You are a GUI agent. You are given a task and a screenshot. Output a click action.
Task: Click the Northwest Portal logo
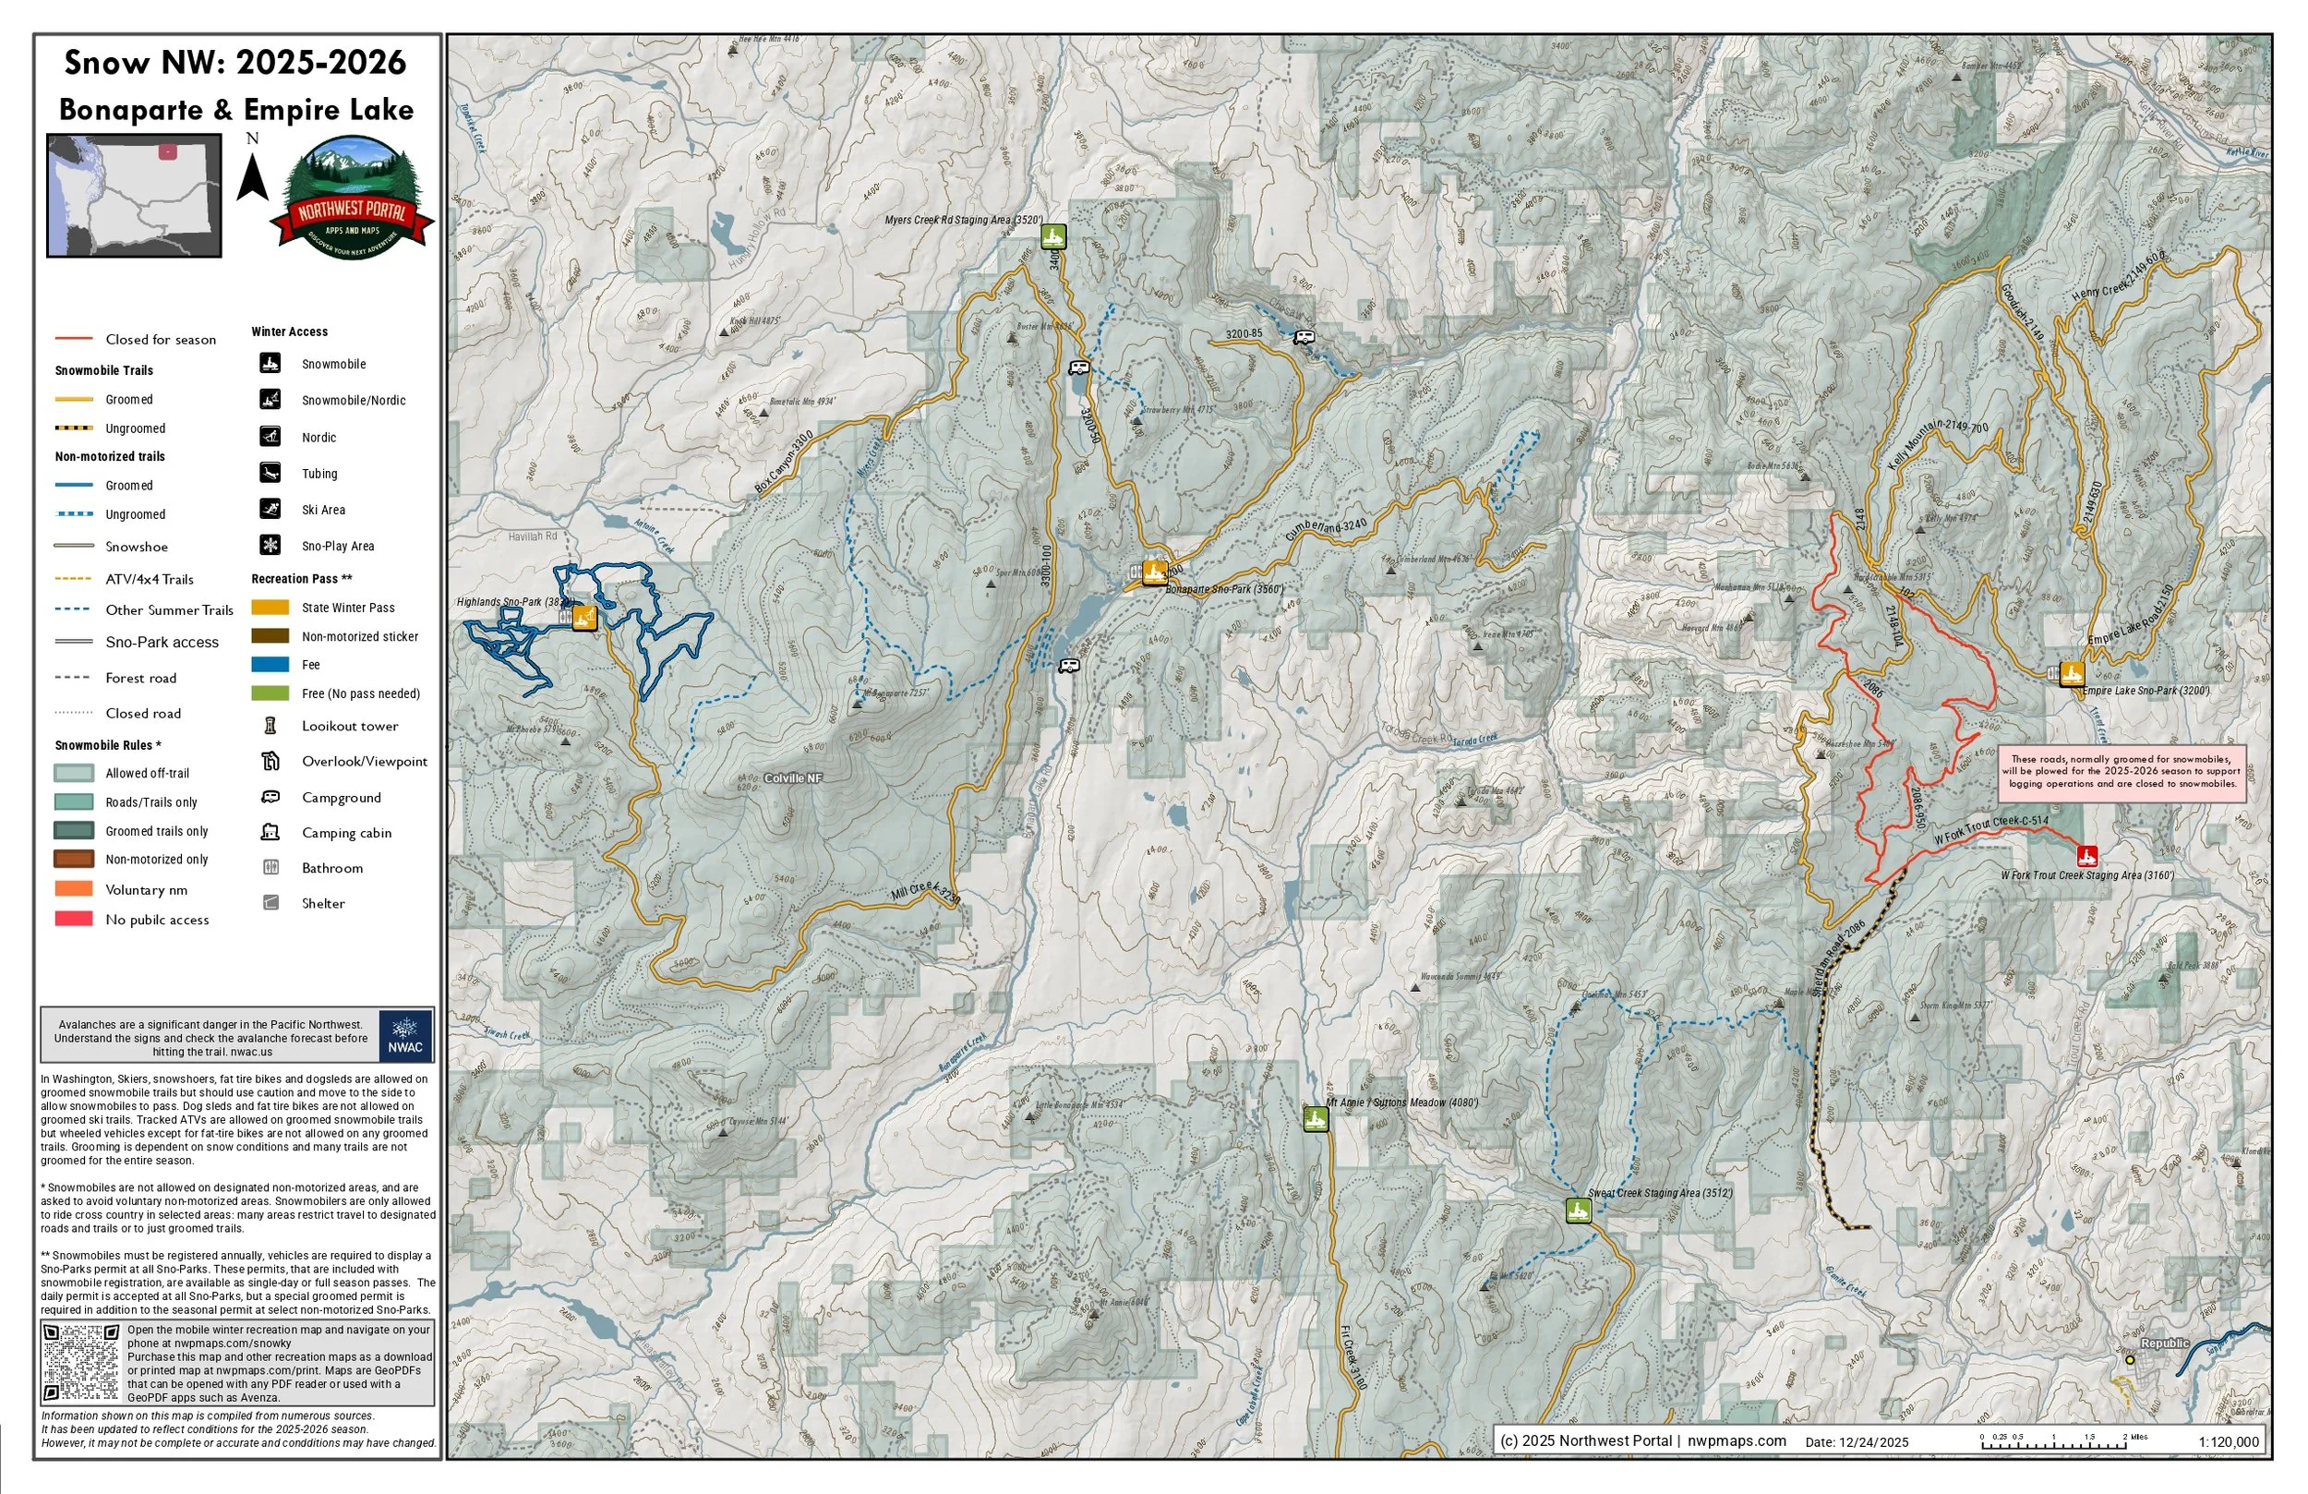(352, 198)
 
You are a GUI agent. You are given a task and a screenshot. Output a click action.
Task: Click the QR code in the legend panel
(81, 1361)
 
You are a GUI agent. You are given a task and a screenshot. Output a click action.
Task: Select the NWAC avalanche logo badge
(405, 1035)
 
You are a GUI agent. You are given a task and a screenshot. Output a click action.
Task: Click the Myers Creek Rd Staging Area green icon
(1053, 235)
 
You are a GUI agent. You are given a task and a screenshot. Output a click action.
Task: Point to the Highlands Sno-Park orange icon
(583, 617)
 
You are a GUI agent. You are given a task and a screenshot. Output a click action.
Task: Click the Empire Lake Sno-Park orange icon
(2072, 673)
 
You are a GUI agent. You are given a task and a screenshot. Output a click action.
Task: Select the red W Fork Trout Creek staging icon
(2087, 856)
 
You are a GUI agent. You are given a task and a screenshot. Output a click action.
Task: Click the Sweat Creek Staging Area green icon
(1578, 1210)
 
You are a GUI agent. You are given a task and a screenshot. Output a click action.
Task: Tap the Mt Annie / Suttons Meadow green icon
(1315, 1118)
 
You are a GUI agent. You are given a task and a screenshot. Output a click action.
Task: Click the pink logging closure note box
(2122, 772)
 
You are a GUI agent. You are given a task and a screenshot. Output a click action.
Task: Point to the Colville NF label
(792, 778)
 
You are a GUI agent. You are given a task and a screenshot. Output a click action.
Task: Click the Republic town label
(2165, 1343)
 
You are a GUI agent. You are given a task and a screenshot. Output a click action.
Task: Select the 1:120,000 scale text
(2229, 1441)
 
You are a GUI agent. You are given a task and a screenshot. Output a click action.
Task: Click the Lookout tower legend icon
(270, 726)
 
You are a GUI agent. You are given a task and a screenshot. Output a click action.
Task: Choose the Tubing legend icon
(270, 474)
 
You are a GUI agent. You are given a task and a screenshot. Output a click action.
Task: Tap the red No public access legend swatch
(74, 919)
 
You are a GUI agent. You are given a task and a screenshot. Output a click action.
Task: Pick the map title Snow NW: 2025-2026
(235, 63)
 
